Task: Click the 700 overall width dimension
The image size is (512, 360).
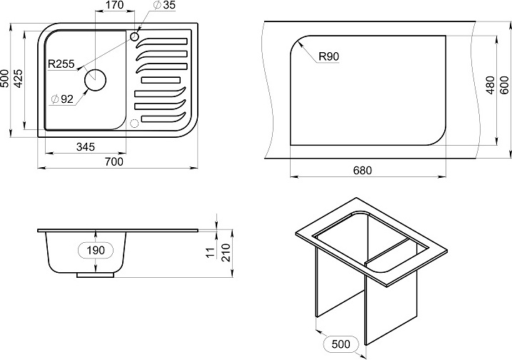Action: [x=114, y=161]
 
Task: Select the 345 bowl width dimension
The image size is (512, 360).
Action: [x=86, y=147]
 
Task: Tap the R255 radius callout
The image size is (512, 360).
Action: [x=61, y=64]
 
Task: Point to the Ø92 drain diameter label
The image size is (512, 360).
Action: [x=63, y=99]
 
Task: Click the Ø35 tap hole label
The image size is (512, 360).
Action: [x=164, y=5]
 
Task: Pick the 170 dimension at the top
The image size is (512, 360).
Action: [x=115, y=5]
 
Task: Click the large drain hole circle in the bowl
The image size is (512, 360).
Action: [x=96, y=81]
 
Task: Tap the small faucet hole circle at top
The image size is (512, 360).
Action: [x=134, y=36]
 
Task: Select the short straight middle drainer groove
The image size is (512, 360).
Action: [x=161, y=80]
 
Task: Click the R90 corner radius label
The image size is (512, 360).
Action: [x=328, y=56]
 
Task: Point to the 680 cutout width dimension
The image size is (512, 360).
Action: [x=363, y=171]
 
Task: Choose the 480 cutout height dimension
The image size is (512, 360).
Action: [x=491, y=85]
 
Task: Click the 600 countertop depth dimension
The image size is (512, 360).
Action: [x=504, y=85]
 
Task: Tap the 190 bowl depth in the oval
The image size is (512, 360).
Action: [x=96, y=250]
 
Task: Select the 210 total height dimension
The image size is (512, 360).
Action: [x=226, y=253]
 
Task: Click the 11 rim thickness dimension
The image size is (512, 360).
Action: [x=211, y=252]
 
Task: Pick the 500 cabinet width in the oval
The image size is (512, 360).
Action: [x=341, y=344]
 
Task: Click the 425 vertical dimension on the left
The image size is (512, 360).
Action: [x=19, y=79]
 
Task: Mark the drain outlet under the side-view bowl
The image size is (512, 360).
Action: [x=96, y=275]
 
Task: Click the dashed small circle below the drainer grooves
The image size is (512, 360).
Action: [x=134, y=123]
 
